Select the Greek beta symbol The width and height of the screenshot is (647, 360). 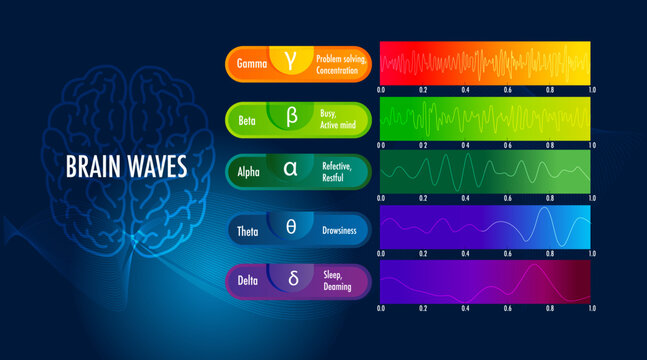[292, 117]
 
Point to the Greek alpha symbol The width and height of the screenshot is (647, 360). [291, 170]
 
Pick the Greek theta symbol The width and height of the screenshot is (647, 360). [291, 227]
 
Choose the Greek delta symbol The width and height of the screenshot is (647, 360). [293, 279]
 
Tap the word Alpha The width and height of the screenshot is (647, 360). [248, 171]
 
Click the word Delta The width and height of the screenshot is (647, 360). [247, 280]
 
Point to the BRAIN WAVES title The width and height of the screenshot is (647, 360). [126, 166]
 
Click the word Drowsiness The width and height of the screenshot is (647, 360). [343, 228]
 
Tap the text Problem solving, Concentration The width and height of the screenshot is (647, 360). [343, 64]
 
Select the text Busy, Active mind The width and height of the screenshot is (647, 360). [338, 118]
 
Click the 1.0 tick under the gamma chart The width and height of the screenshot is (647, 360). [592, 89]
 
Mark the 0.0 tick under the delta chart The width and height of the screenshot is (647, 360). [381, 308]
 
